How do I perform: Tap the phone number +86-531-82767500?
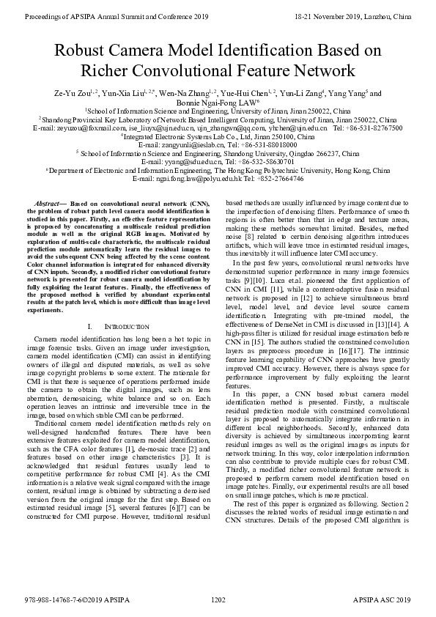tap(375, 129)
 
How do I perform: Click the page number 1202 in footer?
tap(218, 599)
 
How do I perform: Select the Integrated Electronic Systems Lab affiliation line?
tap(218, 137)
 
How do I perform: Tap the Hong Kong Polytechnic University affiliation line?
tap(218, 170)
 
